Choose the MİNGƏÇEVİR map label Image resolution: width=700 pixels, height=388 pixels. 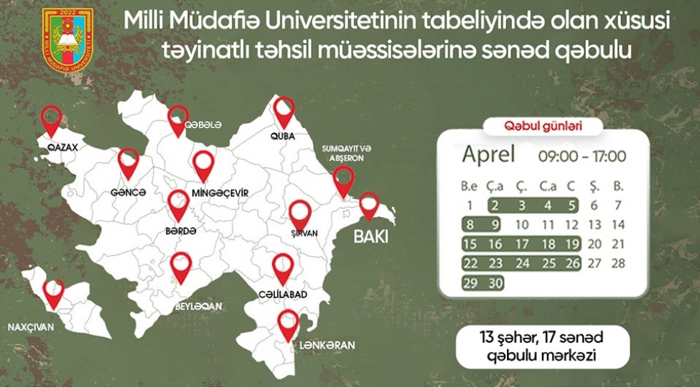220,193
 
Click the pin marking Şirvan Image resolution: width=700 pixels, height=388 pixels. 300,213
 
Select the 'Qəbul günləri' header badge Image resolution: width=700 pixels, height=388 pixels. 543,126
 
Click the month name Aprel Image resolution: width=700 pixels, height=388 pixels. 488,154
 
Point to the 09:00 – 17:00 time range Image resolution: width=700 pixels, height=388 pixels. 582,156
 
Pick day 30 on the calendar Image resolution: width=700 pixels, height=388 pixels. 495,283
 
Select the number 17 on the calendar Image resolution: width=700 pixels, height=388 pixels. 521,244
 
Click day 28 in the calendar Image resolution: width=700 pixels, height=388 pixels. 618,264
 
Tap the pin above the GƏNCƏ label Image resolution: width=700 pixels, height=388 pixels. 129,163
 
